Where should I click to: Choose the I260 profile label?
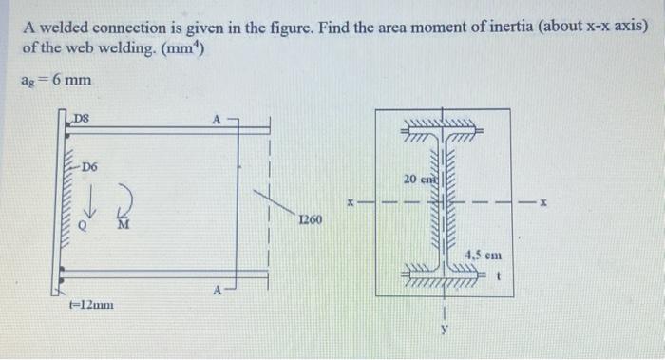(310, 221)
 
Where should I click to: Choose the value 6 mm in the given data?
(72, 81)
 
